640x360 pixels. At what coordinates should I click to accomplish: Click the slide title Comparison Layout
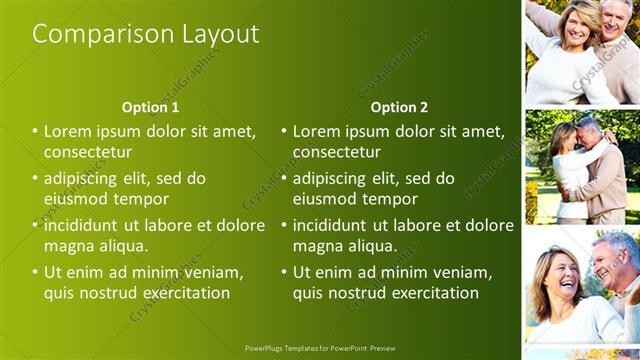click(x=146, y=34)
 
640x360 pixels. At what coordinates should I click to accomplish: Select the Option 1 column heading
click(x=150, y=107)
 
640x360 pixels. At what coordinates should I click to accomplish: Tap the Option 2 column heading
click(x=399, y=107)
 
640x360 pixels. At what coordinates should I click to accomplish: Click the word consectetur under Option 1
click(x=88, y=152)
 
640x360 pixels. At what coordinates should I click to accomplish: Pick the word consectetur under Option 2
click(x=337, y=152)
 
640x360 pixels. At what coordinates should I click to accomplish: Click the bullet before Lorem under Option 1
click(x=36, y=131)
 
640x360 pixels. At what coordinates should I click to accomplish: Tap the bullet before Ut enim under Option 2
click(x=285, y=272)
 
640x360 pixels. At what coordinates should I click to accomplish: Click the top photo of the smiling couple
click(x=582, y=52)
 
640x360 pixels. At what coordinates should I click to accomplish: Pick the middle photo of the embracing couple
click(x=582, y=167)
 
